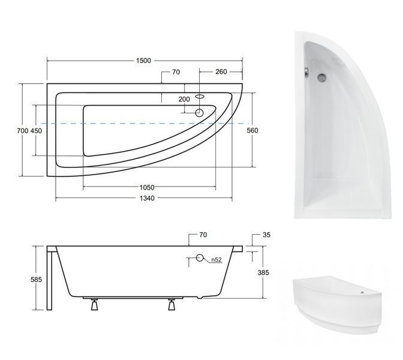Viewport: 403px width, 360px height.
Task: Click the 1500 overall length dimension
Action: click(143, 61)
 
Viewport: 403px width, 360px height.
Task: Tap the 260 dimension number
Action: click(221, 72)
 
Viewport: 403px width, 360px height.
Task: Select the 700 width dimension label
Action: click(23, 131)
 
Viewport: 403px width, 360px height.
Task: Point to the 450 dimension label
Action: click(36, 131)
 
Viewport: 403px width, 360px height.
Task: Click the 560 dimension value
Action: click(252, 130)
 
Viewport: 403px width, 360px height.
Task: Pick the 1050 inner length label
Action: click(147, 187)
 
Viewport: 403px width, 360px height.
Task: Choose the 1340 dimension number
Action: click(147, 198)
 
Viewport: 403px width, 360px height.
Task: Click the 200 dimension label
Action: click(184, 99)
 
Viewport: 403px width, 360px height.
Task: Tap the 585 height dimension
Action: click(36, 279)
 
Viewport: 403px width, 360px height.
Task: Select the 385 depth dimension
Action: click(263, 272)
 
